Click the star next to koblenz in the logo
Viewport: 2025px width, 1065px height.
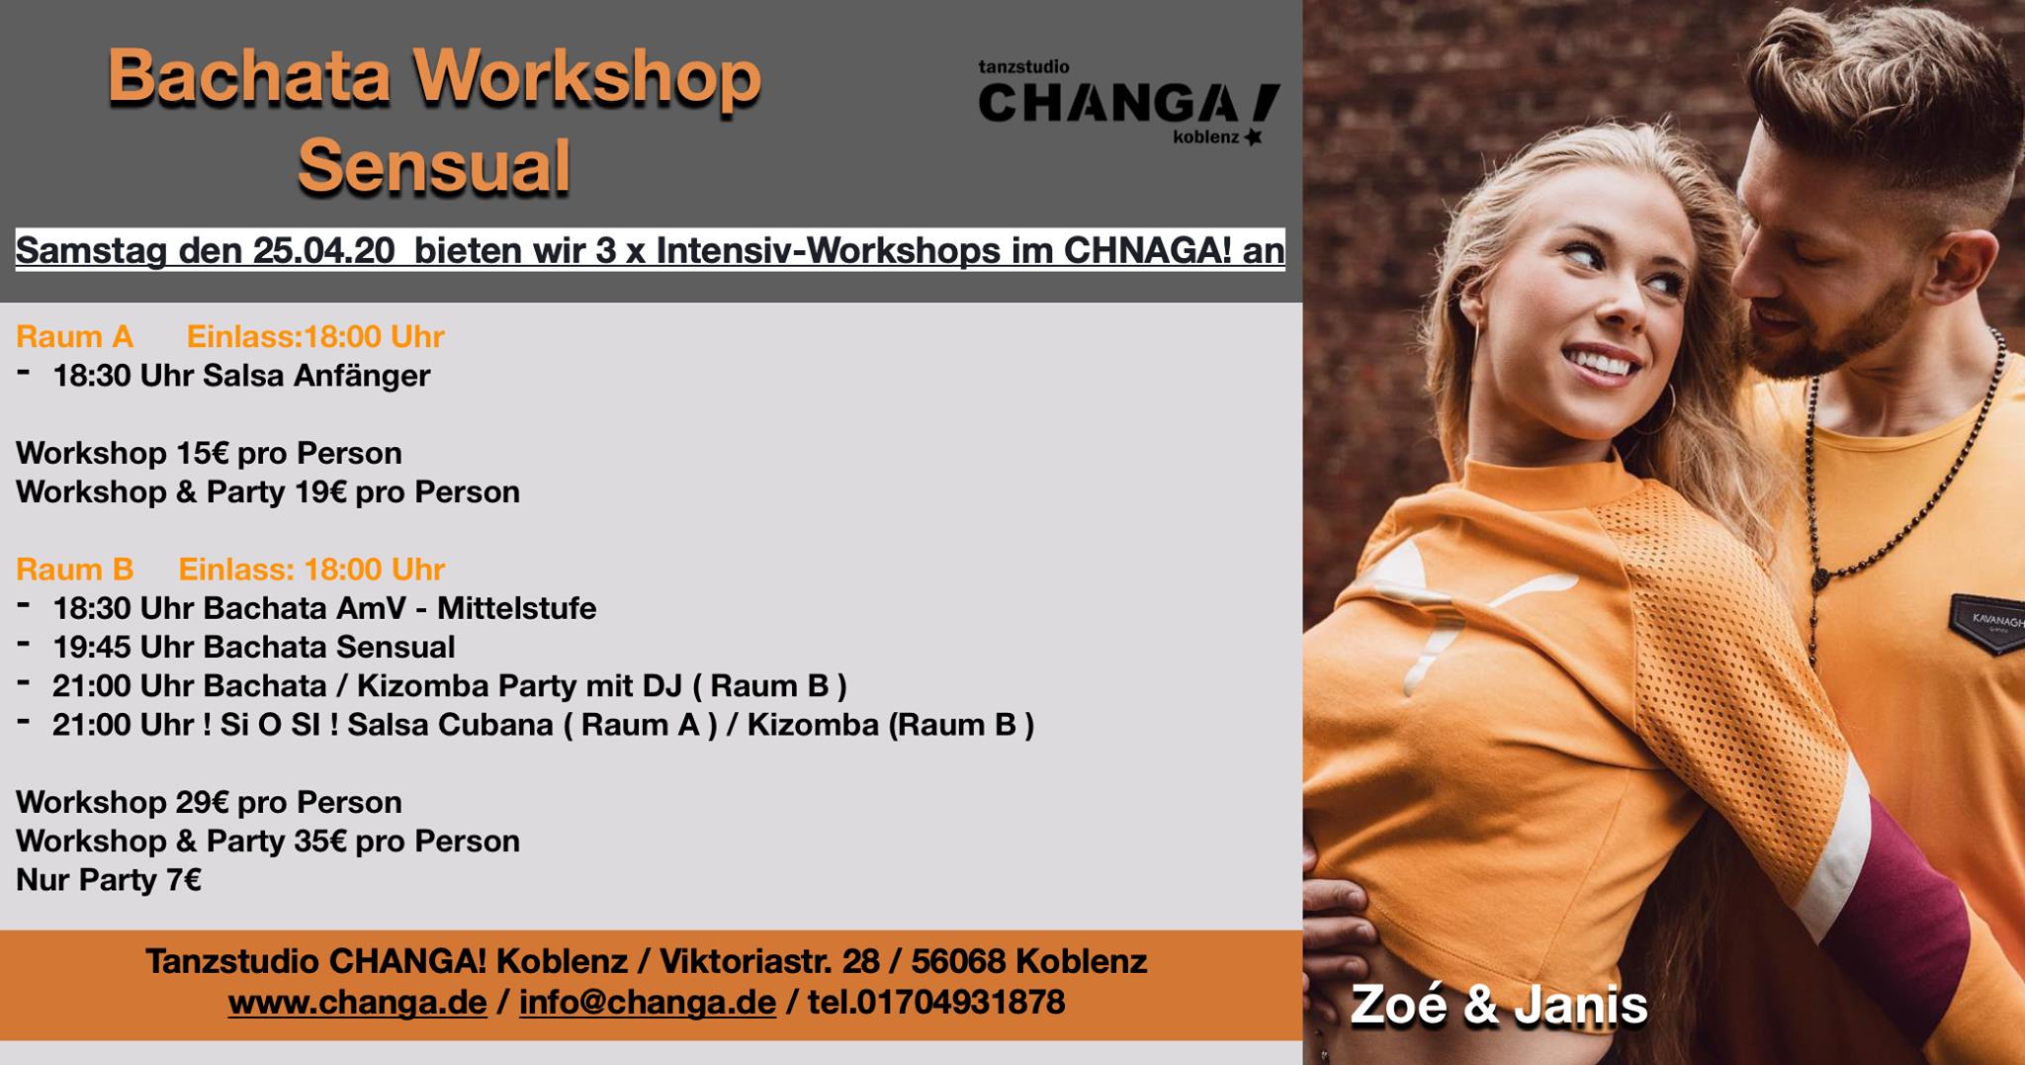click(1254, 137)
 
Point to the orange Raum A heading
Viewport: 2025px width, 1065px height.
click(74, 337)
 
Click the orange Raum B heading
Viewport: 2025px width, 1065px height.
click(74, 570)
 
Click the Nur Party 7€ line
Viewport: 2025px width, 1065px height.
click(109, 879)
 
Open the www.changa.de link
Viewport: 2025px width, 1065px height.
click(357, 1002)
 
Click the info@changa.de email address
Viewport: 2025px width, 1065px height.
click(647, 1002)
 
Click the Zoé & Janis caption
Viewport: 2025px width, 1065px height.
click(1499, 1006)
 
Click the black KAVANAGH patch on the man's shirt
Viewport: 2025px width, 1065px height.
click(1988, 623)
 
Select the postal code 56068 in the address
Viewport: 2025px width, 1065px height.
click(958, 961)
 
